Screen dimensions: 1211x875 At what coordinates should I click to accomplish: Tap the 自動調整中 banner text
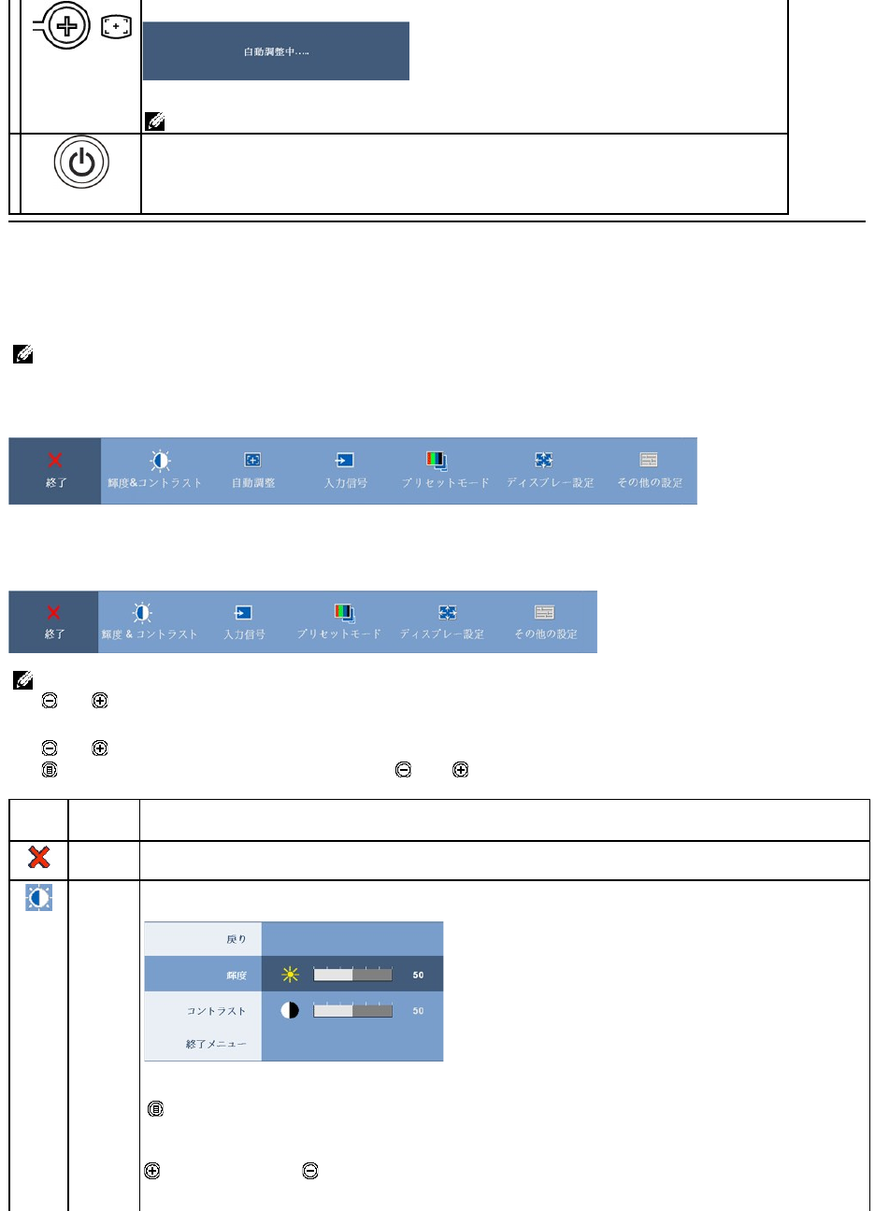click(276, 51)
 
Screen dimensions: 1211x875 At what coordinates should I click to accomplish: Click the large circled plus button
click(66, 25)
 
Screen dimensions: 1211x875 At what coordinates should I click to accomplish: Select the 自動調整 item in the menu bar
click(253, 471)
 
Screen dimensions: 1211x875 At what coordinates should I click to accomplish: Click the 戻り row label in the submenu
click(237, 939)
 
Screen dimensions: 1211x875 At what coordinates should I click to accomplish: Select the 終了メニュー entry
click(216, 1044)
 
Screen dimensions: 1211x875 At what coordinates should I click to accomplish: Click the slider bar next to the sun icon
click(352, 975)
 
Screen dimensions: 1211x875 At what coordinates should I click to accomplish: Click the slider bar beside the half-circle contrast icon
click(352, 1010)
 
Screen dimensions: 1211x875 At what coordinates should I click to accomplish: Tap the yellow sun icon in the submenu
click(291, 975)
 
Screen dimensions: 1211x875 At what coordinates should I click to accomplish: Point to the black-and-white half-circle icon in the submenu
click(290, 1010)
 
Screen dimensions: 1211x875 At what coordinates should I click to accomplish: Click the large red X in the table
click(39, 858)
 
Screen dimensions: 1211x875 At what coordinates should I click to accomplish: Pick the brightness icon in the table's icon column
click(39, 898)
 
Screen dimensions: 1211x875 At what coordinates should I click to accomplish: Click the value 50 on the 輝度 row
click(418, 975)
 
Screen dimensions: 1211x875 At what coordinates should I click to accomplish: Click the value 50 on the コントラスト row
click(418, 1010)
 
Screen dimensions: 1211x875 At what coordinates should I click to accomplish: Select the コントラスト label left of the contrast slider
click(216, 1011)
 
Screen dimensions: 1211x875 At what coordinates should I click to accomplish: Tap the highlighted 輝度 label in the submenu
click(236, 976)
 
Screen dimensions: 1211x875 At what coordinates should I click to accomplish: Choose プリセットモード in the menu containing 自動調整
click(445, 471)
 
